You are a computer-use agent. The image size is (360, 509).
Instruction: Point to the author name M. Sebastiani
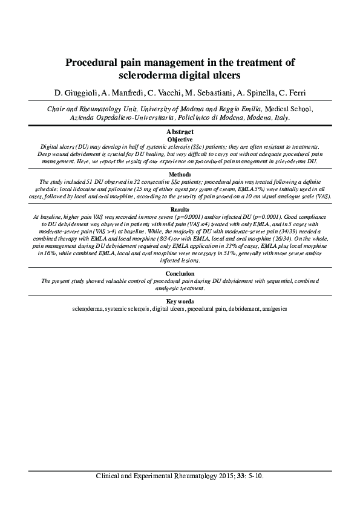pyautogui.click(x=207, y=92)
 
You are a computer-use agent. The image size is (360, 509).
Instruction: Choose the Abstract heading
pyautogui.click(x=180, y=132)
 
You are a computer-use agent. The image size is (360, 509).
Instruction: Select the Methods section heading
pyautogui.click(x=180, y=174)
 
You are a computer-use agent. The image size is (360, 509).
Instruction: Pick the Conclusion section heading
pyautogui.click(x=180, y=274)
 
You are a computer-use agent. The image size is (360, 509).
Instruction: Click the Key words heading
pyautogui.click(x=180, y=301)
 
